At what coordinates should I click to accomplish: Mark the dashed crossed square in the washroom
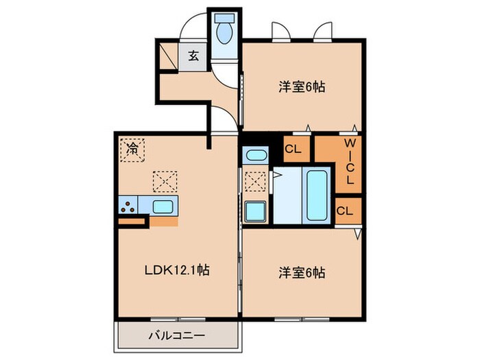click(x=254, y=181)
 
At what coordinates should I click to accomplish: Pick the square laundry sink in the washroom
click(x=254, y=211)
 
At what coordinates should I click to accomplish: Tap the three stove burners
click(x=127, y=205)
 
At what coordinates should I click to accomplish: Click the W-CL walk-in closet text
click(x=348, y=163)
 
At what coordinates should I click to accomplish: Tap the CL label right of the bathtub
click(x=345, y=210)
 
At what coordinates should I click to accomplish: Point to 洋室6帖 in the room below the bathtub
click(x=301, y=271)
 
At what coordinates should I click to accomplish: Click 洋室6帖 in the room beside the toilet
click(x=301, y=87)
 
